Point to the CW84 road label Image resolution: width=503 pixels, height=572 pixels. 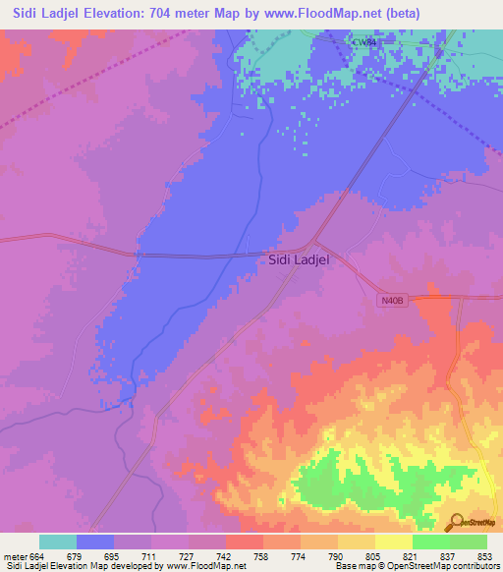click(363, 42)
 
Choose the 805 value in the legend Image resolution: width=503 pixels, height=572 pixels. click(372, 556)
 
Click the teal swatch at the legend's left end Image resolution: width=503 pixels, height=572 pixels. click(58, 542)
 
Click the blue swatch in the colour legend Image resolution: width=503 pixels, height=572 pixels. click(95, 542)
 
